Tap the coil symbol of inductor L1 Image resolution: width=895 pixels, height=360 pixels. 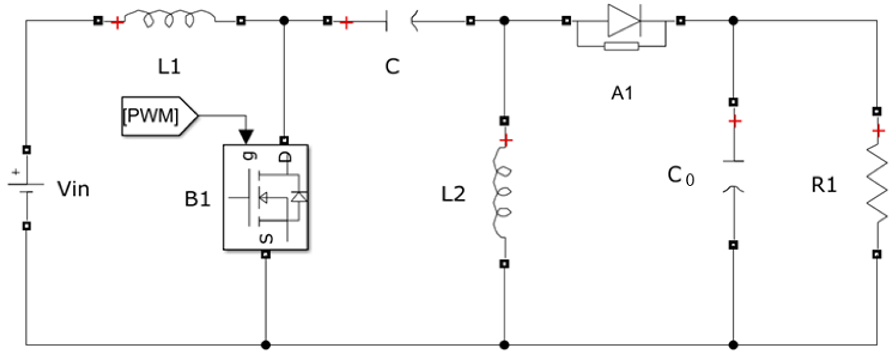(x=170, y=20)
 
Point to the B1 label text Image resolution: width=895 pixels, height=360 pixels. (x=197, y=199)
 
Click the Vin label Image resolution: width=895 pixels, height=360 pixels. (x=73, y=189)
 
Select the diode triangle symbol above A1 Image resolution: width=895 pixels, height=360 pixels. (x=624, y=21)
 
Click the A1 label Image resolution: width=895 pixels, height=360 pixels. (x=622, y=93)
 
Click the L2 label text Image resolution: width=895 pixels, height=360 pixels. (x=453, y=194)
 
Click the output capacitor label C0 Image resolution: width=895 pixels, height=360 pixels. (x=680, y=176)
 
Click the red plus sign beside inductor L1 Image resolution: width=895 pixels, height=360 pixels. (x=117, y=23)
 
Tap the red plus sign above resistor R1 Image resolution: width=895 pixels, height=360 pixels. (x=878, y=131)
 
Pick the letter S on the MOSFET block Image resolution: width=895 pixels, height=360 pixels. (x=266, y=238)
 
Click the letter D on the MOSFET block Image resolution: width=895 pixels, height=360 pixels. (x=285, y=157)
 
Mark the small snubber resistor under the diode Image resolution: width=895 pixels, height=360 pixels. (x=621, y=46)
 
